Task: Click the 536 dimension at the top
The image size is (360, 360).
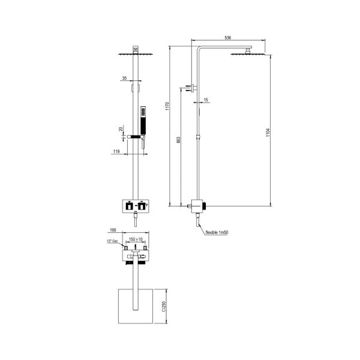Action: pyautogui.click(x=227, y=37)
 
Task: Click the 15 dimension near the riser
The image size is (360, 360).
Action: pyautogui.click(x=205, y=99)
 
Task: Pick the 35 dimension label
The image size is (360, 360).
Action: pyautogui.click(x=124, y=79)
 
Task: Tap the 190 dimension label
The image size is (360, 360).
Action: pyautogui.click(x=113, y=229)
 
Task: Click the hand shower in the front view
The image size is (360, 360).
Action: pyautogui.click(x=143, y=121)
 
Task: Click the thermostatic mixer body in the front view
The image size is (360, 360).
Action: pyautogui.click(x=136, y=206)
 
